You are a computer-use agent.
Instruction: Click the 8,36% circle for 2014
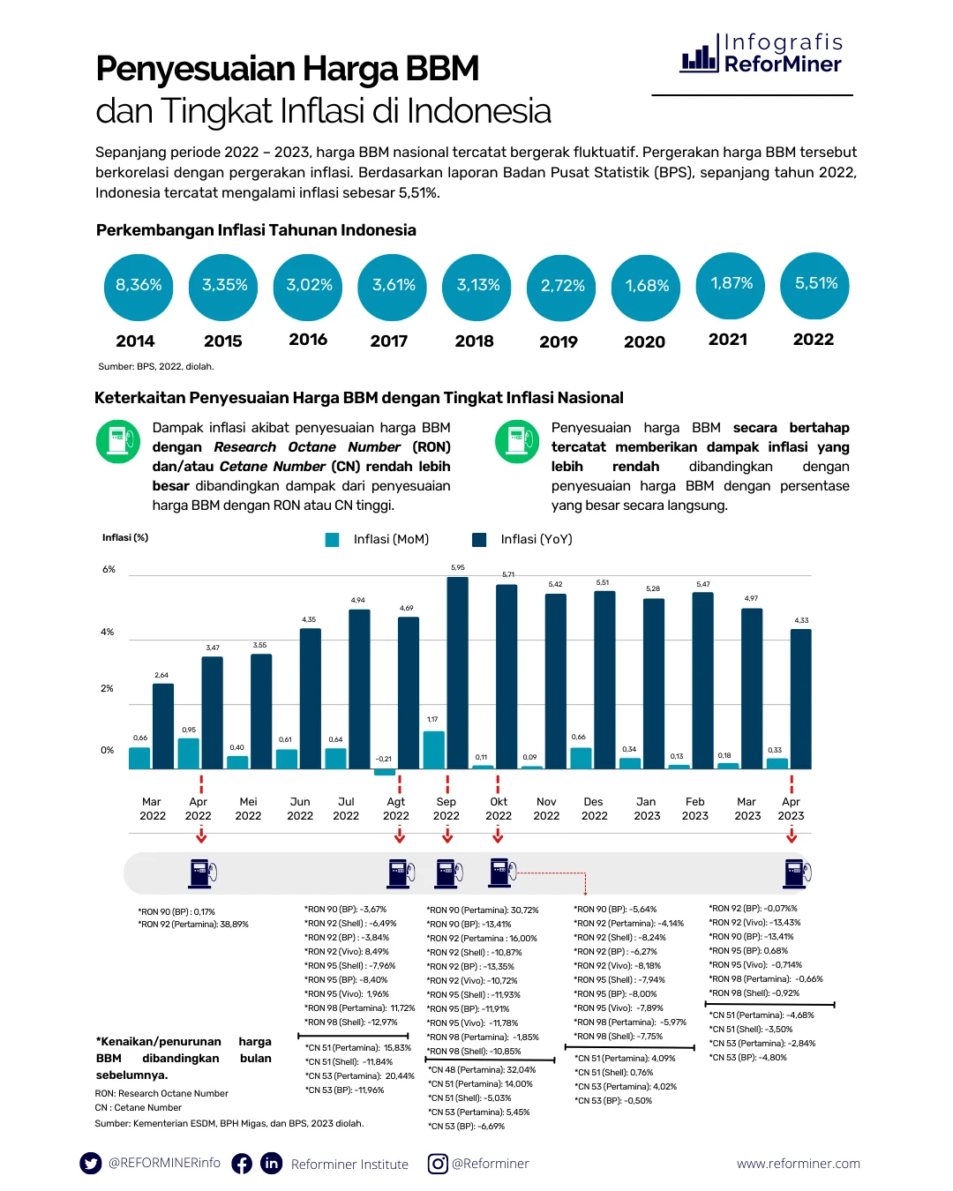click(139, 286)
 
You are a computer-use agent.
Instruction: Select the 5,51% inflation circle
click(815, 284)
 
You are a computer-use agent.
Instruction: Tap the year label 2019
click(559, 341)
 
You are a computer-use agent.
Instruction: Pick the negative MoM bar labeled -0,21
click(385, 772)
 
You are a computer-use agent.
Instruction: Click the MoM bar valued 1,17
click(433, 749)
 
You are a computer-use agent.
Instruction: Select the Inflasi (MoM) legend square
click(333, 540)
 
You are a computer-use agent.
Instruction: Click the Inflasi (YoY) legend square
click(480, 540)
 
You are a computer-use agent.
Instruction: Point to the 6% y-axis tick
click(109, 570)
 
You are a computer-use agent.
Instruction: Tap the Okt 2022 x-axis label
click(499, 808)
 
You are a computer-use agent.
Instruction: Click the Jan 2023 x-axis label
click(647, 808)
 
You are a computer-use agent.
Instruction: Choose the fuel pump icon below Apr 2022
click(202, 873)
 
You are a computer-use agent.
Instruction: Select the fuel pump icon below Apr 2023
click(796, 873)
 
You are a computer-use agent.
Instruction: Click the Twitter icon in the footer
click(91, 1163)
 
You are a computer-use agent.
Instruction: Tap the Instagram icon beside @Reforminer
click(438, 1164)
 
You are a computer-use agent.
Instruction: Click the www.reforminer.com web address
click(798, 1164)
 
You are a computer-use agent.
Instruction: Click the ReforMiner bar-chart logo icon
click(699, 56)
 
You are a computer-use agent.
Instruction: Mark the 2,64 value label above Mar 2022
click(161, 675)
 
